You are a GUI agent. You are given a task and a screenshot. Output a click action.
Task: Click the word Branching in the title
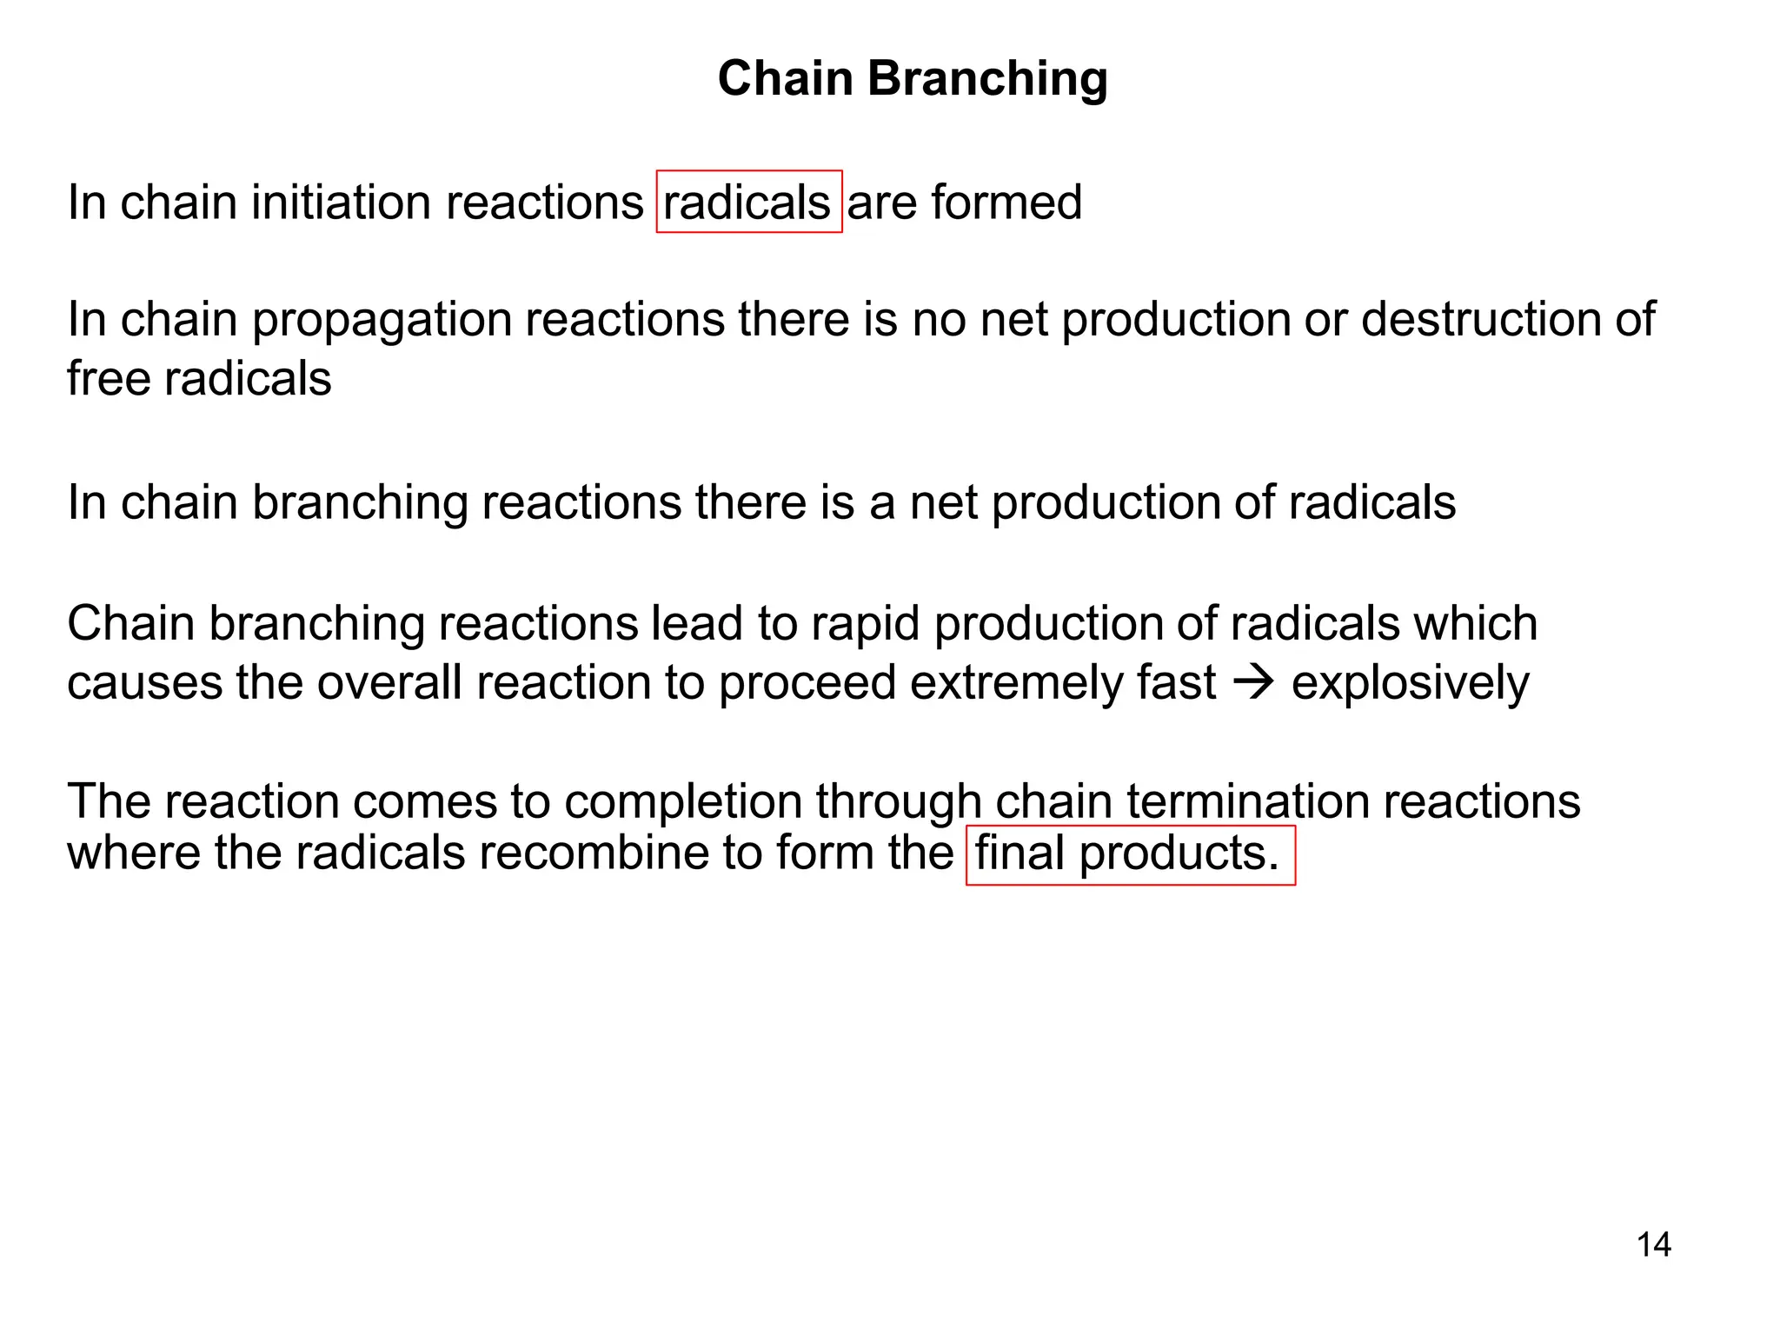987,79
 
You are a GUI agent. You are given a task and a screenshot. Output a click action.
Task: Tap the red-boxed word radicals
747,203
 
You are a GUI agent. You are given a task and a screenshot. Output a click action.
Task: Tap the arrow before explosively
1253,683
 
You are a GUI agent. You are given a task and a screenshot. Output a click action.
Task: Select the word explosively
1410,684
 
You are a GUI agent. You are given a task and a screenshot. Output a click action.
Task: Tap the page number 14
1653,1245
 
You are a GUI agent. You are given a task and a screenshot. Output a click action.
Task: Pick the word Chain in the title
786,79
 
